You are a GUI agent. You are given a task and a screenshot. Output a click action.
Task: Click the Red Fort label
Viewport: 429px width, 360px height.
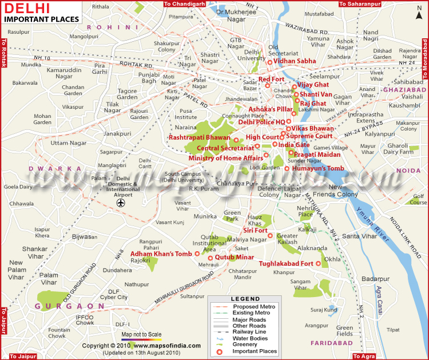[x=271, y=79]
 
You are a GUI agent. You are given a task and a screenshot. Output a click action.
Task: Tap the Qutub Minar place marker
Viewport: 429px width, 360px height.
[x=210, y=258]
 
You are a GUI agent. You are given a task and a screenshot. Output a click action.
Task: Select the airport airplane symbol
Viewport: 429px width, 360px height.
[x=120, y=203]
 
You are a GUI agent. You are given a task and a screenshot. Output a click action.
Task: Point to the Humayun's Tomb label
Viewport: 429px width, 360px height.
[x=318, y=168]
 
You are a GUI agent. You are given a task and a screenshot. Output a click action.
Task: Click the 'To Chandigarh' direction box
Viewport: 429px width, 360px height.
[x=184, y=4]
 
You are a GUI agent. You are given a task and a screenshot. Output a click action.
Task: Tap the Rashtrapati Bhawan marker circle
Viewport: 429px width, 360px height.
[x=236, y=140]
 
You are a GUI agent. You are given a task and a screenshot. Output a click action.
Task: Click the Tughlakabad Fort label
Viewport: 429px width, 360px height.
[x=286, y=263]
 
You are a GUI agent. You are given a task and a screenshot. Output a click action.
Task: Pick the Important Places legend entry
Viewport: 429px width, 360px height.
[x=254, y=351]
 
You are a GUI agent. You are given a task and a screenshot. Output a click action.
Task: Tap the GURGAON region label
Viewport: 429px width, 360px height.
[x=62, y=306]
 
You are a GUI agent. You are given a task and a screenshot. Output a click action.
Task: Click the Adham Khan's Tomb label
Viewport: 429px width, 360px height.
[x=161, y=254]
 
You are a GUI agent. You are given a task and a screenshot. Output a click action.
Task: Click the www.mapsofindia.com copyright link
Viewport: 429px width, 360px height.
[x=172, y=346]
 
